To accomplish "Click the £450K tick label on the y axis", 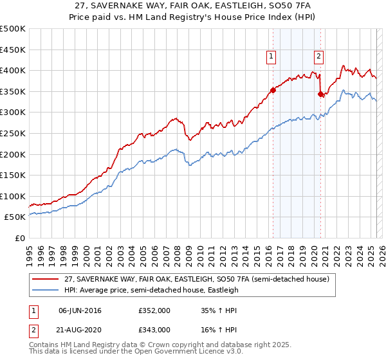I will pos(13,50).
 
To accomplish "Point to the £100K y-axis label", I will pos(13,196).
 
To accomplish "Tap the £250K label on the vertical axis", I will pos(13,133).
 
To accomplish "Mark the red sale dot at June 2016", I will pos(273,91).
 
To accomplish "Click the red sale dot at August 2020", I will pos(320,94).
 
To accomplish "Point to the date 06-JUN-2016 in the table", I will pos(80,311).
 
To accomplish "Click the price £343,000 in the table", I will pos(154,330).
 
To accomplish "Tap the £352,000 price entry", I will pos(154,311).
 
